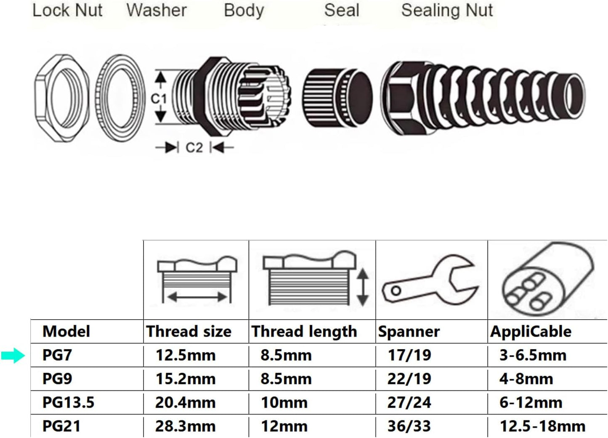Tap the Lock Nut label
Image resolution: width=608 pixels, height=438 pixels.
tap(67, 10)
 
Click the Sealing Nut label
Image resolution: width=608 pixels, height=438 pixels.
tap(447, 10)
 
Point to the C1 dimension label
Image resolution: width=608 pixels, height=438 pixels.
tap(159, 99)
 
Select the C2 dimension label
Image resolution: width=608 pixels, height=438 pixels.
tap(194, 147)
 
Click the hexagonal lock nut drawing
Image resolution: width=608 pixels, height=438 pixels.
tap(61, 98)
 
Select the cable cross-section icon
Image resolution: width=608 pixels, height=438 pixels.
tap(547, 280)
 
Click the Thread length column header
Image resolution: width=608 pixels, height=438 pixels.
tap(304, 331)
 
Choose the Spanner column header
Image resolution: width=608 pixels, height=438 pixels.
tap(409, 331)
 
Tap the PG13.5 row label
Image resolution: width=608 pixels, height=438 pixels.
tap(68, 402)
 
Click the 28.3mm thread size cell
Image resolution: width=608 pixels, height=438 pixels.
tap(185, 426)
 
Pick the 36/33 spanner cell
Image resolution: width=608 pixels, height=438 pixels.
tap(409, 426)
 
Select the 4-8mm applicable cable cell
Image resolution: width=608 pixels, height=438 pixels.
tap(526, 379)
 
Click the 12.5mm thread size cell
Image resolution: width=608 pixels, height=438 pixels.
tap(185, 355)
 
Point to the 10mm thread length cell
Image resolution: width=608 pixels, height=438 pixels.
tap(284, 402)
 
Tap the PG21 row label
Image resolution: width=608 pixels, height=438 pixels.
tap(61, 426)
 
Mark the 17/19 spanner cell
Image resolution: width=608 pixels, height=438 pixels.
tap(409, 355)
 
